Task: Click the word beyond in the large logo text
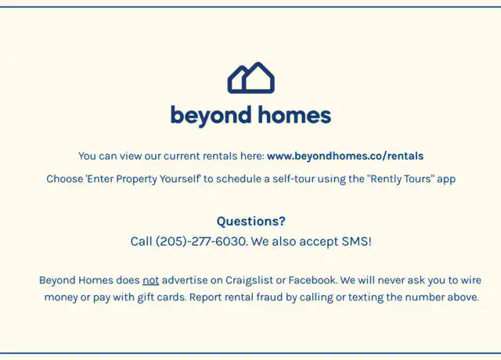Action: point(211,116)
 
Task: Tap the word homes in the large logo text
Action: point(294,115)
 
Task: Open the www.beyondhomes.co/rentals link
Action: point(345,156)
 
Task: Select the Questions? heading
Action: point(250,221)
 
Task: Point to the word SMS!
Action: point(357,242)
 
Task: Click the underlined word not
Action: point(151,280)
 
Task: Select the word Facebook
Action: point(312,280)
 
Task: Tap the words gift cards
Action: point(161,297)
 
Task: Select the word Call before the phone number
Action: point(141,242)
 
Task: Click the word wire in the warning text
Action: point(470,280)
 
